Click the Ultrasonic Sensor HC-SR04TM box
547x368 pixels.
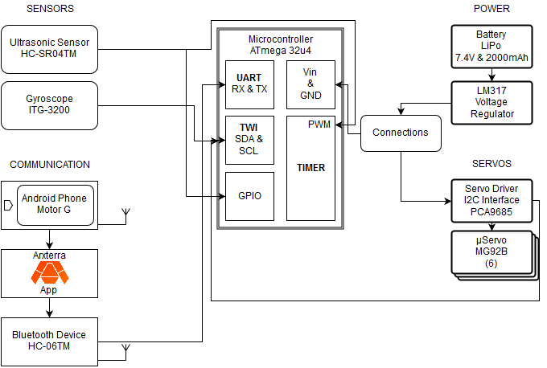coord(50,49)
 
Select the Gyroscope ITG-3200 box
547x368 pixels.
coord(50,105)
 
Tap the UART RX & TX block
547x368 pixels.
coord(249,84)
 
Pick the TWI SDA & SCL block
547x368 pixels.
coord(249,140)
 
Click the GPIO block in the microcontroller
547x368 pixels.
coord(249,196)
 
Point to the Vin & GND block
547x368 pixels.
coord(311,84)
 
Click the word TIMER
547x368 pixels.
coord(311,168)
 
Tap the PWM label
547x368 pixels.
coord(319,125)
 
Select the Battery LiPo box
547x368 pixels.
coord(491,47)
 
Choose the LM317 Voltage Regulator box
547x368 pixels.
coord(491,103)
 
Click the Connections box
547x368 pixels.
coord(401,133)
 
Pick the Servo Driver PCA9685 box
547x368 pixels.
coord(491,201)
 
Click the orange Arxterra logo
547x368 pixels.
coord(50,273)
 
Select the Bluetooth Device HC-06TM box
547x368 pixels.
coord(50,341)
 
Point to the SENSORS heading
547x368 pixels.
coord(50,9)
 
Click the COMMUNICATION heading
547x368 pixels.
coord(50,165)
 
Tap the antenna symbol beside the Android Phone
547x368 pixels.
coord(125,216)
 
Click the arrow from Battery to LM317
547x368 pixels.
coord(491,75)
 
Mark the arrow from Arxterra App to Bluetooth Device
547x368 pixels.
coord(50,308)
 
